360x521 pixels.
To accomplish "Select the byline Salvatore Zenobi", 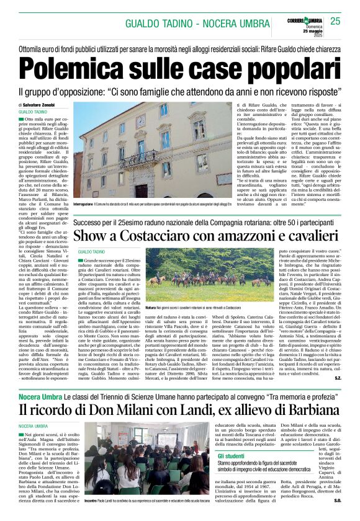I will [x=50, y=105].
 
